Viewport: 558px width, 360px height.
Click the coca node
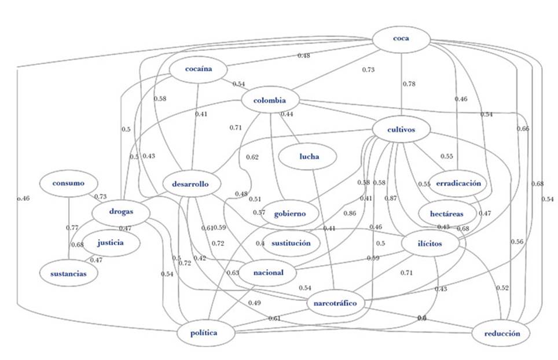point(401,39)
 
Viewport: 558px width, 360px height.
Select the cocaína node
point(198,69)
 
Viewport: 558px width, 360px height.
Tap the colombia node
point(270,101)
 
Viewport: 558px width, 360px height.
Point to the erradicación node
point(459,183)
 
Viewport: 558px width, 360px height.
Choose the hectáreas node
point(446,214)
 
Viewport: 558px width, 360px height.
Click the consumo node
point(68,183)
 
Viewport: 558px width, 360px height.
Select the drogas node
point(120,212)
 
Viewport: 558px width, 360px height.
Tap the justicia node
point(110,243)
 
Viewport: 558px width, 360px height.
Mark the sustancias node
point(68,273)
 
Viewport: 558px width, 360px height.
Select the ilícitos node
point(429,244)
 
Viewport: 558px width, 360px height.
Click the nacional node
point(268,273)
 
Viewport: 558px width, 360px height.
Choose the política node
point(204,333)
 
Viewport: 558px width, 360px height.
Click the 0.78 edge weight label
point(409,84)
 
